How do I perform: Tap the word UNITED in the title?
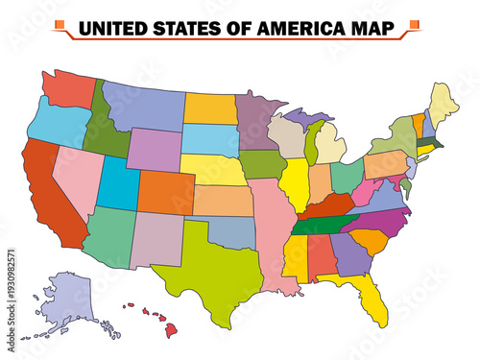coord(110,27)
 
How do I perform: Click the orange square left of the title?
coord(60,24)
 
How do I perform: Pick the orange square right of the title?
coord(415,24)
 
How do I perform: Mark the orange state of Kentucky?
coord(327,205)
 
